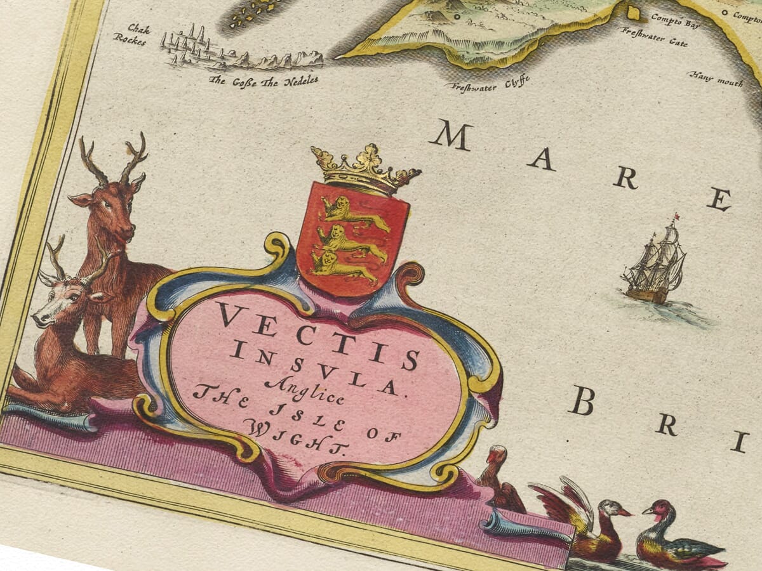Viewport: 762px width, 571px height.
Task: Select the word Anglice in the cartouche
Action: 305,390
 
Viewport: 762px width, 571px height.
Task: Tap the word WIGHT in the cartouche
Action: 302,438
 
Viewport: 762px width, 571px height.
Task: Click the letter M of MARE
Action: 451,135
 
